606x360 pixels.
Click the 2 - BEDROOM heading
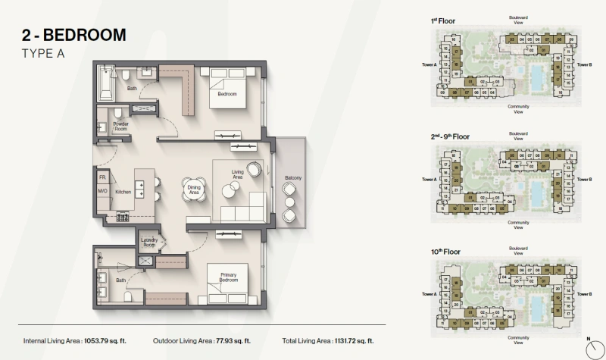(x=73, y=35)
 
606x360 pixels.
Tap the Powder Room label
(x=121, y=126)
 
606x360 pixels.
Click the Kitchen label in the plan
(x=123, y=192)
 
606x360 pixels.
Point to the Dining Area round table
(x=192, y=189)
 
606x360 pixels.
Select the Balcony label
(x=293, y=178)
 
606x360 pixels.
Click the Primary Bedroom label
(x=229, y=279)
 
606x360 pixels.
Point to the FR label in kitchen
(x=102, y=177)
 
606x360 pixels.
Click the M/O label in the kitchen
(x=102, y=192)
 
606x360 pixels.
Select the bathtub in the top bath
(x=105, y=83)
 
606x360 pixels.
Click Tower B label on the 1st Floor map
(x=584, y=65)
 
